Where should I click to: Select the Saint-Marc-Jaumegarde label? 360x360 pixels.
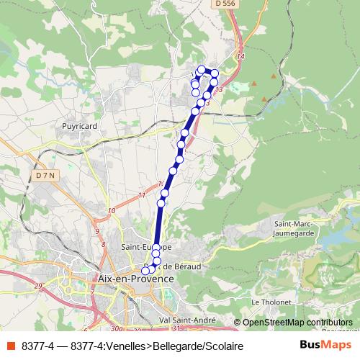pyautogui.click(x=295, y=228)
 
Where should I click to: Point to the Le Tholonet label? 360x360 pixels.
pyautogui.click(x=270, y=301)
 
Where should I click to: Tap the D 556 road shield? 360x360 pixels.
pyautogui.click(x=225, y=4)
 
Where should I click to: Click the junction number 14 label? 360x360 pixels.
pyautogui.click(x=240, y=56)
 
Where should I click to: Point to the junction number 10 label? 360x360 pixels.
pyautogui.click(x=111, y=211)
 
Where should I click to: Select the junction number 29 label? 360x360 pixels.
pyautogui.click(x=38, y=287)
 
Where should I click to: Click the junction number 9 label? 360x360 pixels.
pyautogui.click(x=98, y=232)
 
